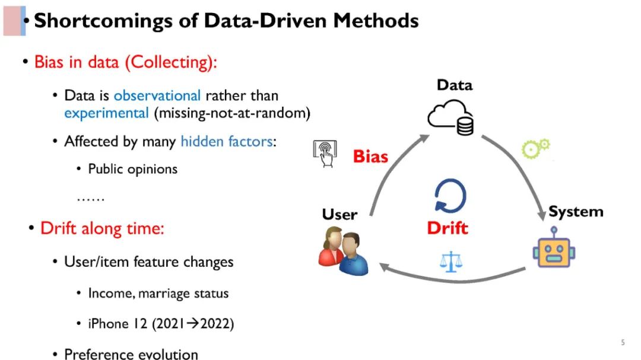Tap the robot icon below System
[x=554, y=249]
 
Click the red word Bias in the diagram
[x=370, y=157]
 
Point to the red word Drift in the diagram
[x=448, y=228]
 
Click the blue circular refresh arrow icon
[x=450, y=196]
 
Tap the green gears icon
[x=535, y=148]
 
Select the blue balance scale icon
[x=451, y=261]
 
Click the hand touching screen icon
[x=325, y=154]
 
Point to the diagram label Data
[x=455, y=85]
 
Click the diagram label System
[x=575, y=212]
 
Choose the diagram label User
[x=339, y=214]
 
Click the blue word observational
[x=157, y=95]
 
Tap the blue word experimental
[x=107, y=113]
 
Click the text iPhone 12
[x=108, y=324]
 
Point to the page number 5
[x=623, y=342]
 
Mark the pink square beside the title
[x=13, y=21]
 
